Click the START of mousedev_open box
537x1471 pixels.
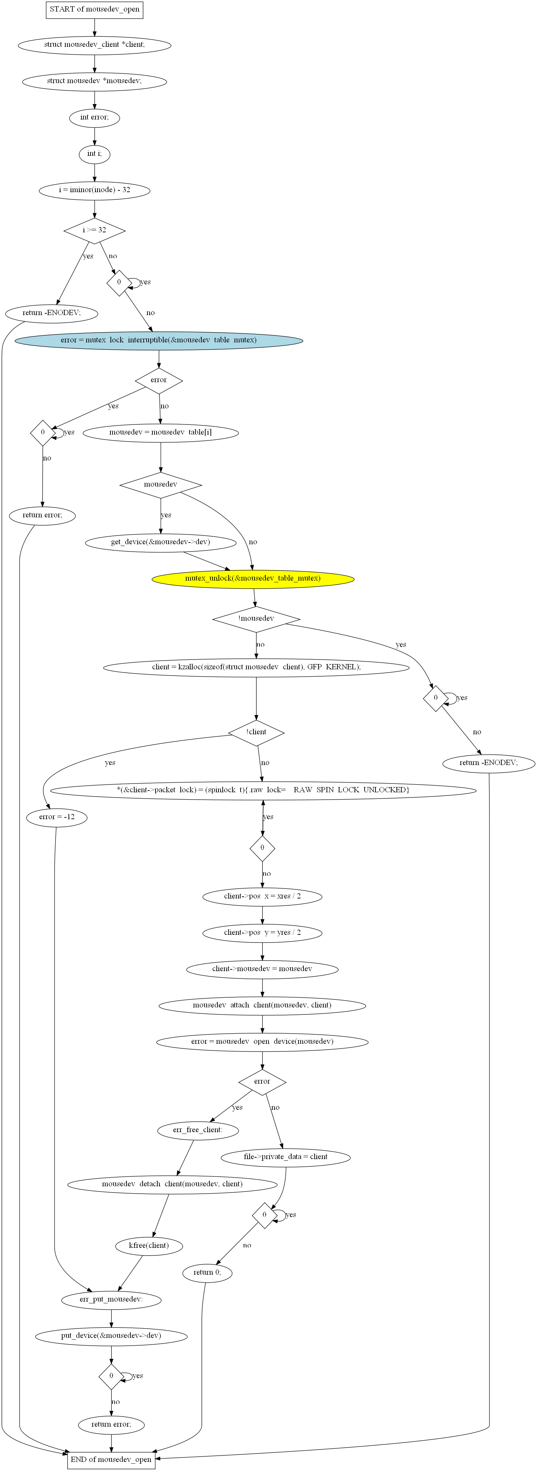pyautogui.click(x=94, y=10)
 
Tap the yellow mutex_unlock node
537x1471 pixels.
pyautogui.click(x=252, y=578)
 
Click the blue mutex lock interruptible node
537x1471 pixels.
pyautogui.click(x=159, y=340)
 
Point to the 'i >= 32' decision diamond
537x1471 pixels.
pyautogui.click(x=94, y=230)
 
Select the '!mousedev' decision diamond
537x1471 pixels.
pyautogui.click(x=256, y=618)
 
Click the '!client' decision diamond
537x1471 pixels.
pyautogui.click(x=256, y=732)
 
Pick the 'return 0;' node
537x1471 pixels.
pyautogui.click(x=207, y=1272)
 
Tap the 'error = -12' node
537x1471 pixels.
pyautogui.click(x=57, y=817)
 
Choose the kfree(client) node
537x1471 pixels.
pyautogui.click(x=149, y=1245)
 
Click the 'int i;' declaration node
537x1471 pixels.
pyautogui.click(x=94, y=154)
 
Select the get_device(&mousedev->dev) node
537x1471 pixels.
pyautogui.click(x=160, y=542)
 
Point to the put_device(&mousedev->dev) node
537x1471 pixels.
pyautogui.click(x=111, y=1336)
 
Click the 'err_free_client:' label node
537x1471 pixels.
pyautogui.click(x=198, y=1129)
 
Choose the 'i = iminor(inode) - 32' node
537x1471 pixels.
pyautogui.click(x=94, y=190)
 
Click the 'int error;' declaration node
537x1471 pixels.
pyautogui.click(x=94, y=118)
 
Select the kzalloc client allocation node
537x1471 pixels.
pyautogui.click(x=256, y=667)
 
